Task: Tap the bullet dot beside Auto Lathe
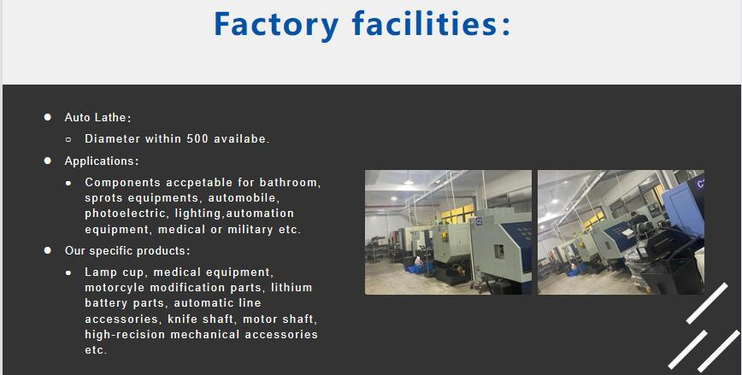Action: point(48,117)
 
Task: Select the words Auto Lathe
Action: point(97,118)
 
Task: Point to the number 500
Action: point(198,138)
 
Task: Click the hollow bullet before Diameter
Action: point(68,138)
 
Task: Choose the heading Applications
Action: point(100,161)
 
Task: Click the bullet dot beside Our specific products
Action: point(48,251)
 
